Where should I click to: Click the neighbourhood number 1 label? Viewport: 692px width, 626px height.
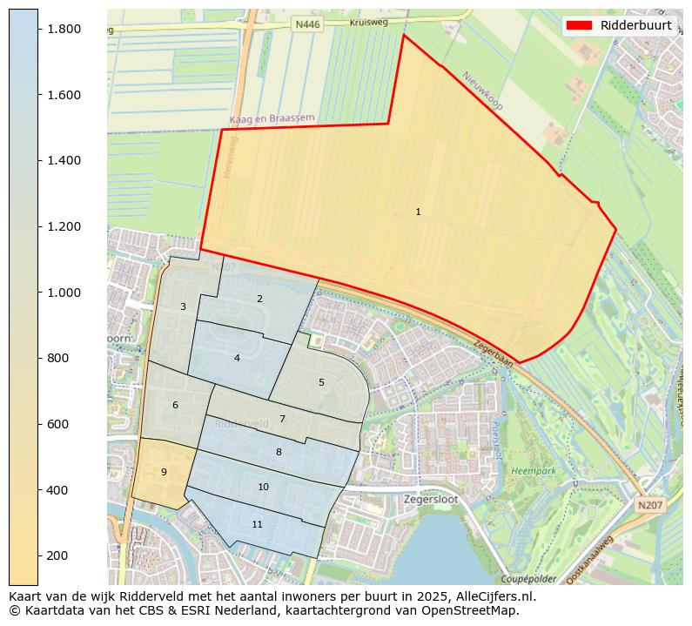418,212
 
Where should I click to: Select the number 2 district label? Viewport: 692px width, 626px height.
259,299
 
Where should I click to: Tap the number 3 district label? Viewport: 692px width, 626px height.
183,306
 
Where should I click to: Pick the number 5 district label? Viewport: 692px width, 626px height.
321,382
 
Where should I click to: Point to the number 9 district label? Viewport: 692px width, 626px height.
164,472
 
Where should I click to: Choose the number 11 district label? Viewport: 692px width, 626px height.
257,524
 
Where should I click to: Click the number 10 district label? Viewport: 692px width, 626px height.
263,487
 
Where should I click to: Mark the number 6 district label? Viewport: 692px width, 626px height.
175,405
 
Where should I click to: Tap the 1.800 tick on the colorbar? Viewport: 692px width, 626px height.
63,29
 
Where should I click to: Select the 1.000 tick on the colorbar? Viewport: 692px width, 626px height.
63,293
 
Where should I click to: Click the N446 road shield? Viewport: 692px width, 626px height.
307,25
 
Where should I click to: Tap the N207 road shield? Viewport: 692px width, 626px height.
648,505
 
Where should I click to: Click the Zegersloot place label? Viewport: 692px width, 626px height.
430,500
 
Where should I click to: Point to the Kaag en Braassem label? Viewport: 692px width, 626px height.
272,118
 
